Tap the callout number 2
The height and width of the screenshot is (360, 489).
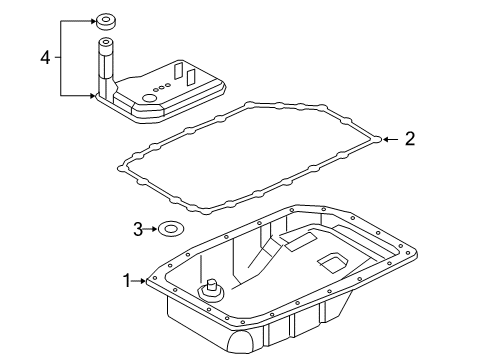coord(408,140)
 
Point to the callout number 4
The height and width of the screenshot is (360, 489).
coord(45,57)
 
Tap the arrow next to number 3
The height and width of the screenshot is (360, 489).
coord(153,229)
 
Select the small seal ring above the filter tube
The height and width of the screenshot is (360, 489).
coord(104,20)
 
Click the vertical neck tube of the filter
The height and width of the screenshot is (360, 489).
coord(104,64)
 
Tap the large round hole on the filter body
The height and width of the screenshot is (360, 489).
coord(151,98)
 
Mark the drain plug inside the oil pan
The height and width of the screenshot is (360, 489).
coord(212,293)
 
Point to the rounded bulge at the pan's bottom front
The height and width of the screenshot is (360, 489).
coord(242,344)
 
